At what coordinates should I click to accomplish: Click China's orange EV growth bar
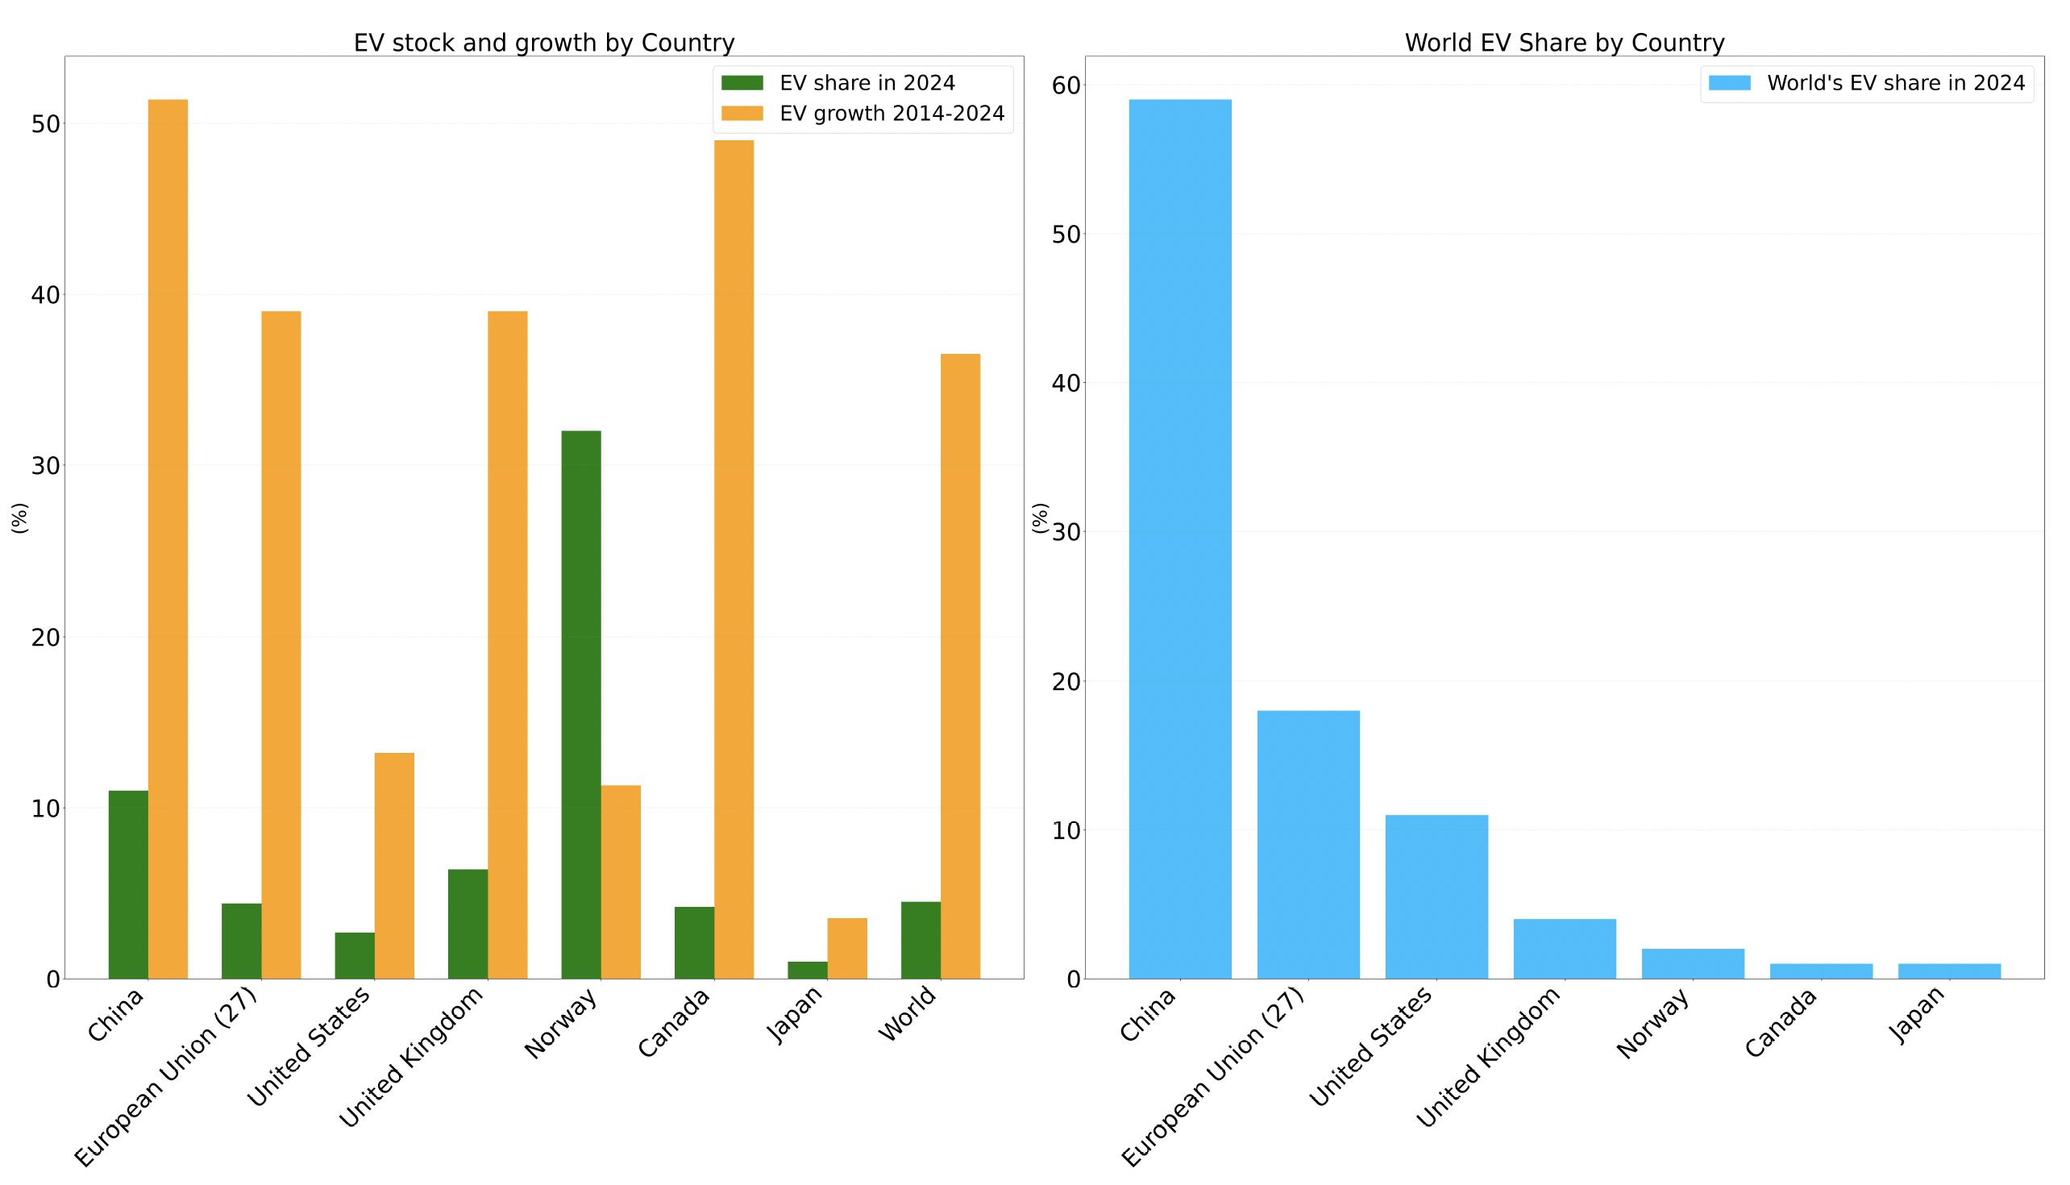pyautogui.click(x=168, y=537)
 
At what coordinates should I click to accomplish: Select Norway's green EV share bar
pyautogui.click(x=581, y=704)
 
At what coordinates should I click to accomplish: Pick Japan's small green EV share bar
pyautogui.click(x=807, y=969)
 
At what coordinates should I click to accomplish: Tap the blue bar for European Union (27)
pyautogui.click(x=1307, y=844)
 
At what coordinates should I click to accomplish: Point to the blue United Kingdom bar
pyautogui.click(x=1564, y=948)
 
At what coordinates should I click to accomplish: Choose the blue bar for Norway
pyautogui.click(x=1693, y=963)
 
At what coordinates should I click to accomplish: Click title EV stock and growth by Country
pyautogui.click(x=543, y=42)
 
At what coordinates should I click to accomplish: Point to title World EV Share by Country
pyautogui.click(x=1564, y=42)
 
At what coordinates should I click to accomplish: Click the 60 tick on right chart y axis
pyautogui.click(x=1065, y=85)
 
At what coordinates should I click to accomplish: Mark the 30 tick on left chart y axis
pyautogui.click(x=46, y=466)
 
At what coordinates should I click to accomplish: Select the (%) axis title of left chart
pyautogui.click(x=19, y=518)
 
